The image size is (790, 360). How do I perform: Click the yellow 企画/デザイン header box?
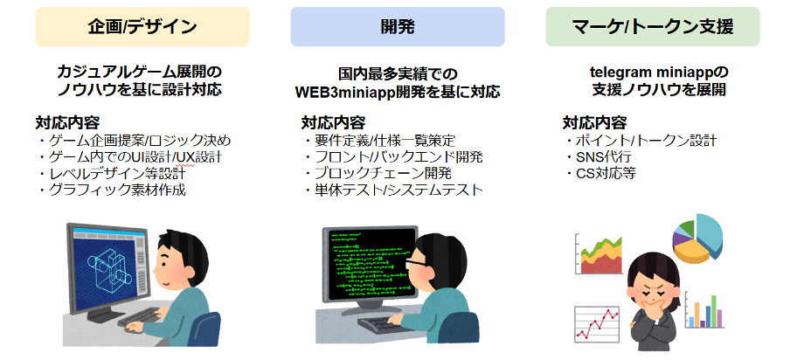(142, 27)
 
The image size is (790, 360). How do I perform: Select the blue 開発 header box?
(398, 27)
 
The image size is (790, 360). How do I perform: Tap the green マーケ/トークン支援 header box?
(653, 27)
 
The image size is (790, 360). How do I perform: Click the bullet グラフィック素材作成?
(112, 190)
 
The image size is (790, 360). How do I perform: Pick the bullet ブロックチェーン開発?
(378, 173)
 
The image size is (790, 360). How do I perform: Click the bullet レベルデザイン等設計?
(112, 174)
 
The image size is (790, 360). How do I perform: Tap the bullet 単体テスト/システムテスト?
(393, 190)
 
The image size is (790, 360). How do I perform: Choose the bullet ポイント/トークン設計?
(641, 140)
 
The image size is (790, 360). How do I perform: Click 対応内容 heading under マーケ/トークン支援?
(594, 122)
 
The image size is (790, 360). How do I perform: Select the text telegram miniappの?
(659, 73)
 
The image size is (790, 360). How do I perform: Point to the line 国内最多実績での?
(398, 75)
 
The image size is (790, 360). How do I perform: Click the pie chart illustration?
(697, 239)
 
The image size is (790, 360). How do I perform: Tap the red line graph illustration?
(598, 324)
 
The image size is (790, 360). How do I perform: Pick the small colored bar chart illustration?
(705, 310)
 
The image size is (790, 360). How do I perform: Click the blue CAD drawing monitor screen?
(105, 269)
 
